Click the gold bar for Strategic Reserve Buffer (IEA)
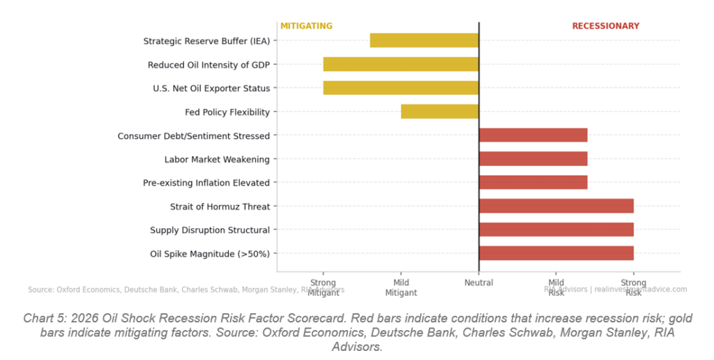tap(424, 40)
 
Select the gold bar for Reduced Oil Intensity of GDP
tap(401, 64)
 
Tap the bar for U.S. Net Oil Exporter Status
tap(401, 88)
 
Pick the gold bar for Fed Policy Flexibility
tap(440, 112)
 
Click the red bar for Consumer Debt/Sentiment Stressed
tap(533, 135)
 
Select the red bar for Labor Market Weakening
tap(533, 159)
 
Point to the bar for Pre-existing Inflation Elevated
tap(533, 183)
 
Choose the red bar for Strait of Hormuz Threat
tap(556, 206)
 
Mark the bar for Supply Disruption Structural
tap(556, 230)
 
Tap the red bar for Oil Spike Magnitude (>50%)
tap(556, 253)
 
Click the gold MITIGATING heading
tap(306, 27)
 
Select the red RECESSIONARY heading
tap(605, 27)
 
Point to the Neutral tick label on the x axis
tap(479, 283)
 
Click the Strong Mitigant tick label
tap(323, 288)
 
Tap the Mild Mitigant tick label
tap(401, 288)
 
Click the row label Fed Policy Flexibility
tap(227, 112)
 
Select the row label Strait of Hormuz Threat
tap(220, 207)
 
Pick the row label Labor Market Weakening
tap(217, 160)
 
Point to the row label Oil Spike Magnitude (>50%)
tap(210, 254)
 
